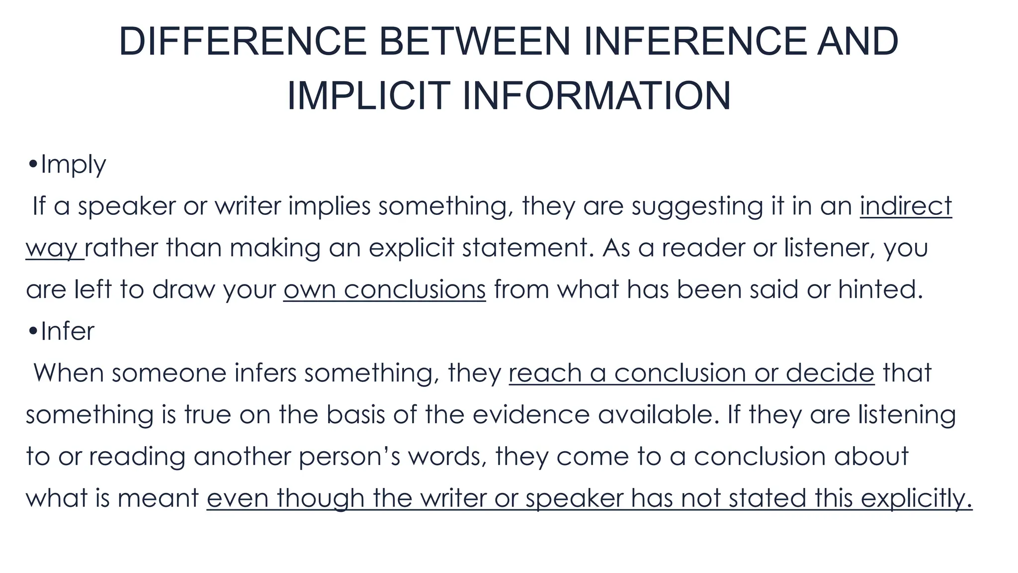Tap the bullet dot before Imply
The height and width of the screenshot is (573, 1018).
pyautogui.click(x=33, y=165)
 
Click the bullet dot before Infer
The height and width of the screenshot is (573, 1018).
pyautogui.click(x=33, y=331)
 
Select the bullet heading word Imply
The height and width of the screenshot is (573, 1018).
pyautogui.click(x=73, y=165)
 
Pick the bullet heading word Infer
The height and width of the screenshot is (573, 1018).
pyautogui.click(x=67, y=331)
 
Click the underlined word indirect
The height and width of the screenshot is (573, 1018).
pyautogui.click(x=906, y=206)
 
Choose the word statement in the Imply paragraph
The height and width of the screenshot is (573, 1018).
pyautogui.click(x=528, y=248)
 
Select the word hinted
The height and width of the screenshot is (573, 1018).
pyautogui.click(x=880, y=289)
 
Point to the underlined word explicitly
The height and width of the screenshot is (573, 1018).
pyautogui.click(x=916, y=498)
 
